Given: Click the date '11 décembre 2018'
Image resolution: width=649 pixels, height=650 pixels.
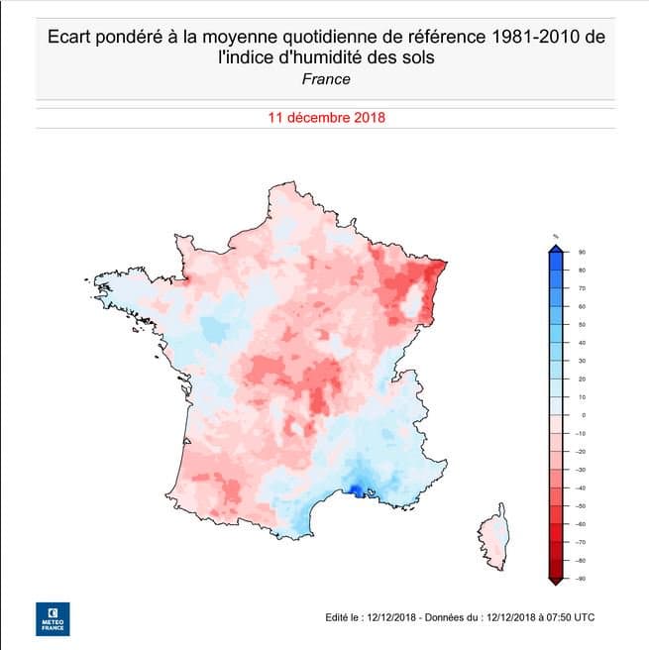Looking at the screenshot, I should click(326, 117).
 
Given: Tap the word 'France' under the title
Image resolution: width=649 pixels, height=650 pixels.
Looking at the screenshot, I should click(325, 80).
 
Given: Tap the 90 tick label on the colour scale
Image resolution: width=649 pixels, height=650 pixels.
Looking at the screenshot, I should click(582, 252).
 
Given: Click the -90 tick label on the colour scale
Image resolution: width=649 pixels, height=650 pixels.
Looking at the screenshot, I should click(581, 578).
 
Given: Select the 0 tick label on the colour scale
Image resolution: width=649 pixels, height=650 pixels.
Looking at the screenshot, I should click(583, 414).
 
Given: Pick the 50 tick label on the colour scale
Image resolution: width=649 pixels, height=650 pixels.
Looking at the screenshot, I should click(582, 324).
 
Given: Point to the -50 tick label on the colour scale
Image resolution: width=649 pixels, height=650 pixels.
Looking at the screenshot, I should click(581, 505).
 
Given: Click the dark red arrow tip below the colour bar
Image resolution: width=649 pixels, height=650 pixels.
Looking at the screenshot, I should click(557, 581).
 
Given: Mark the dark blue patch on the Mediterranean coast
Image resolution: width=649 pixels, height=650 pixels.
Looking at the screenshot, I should click(354, 488).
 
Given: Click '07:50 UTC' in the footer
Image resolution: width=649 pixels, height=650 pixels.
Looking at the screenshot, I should click(572, 617).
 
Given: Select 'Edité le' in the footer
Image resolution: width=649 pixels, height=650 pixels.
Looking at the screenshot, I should click(341, 617).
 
